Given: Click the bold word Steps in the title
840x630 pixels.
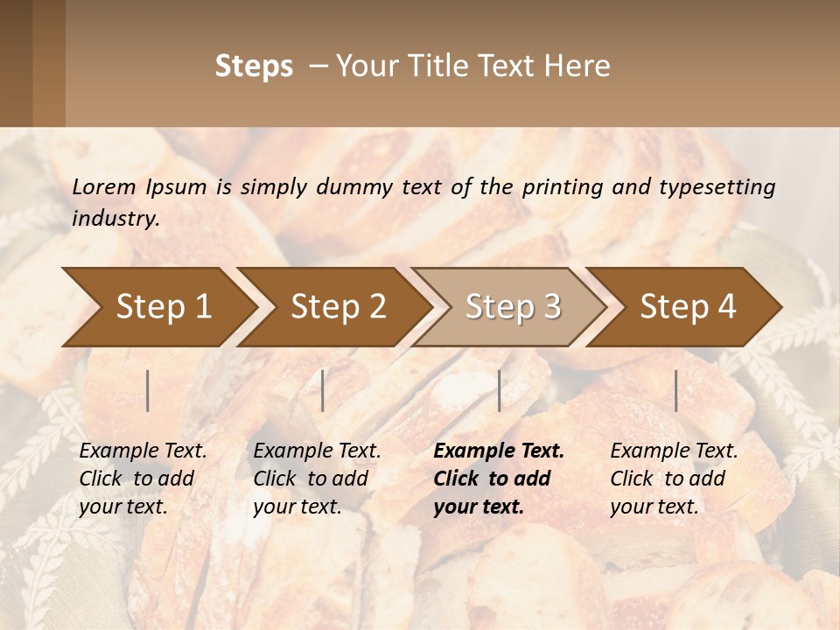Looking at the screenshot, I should [x=254, y=66].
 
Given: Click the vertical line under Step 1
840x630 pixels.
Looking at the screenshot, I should [x=148, y=390].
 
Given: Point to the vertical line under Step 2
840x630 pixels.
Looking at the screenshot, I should [x=323, y=390].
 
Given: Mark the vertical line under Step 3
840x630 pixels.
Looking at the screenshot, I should [x=500, y=390].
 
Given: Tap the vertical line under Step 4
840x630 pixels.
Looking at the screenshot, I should [x=676, y=390].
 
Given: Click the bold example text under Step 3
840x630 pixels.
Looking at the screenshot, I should [x=499, y=479].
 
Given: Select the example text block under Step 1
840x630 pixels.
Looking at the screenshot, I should [x=143, y=479].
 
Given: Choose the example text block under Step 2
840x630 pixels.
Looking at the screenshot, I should [x=317, y=479].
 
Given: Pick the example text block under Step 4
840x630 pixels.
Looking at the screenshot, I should [x=674, y=479].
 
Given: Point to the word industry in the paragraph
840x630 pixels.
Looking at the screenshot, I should [x=115, y=219].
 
